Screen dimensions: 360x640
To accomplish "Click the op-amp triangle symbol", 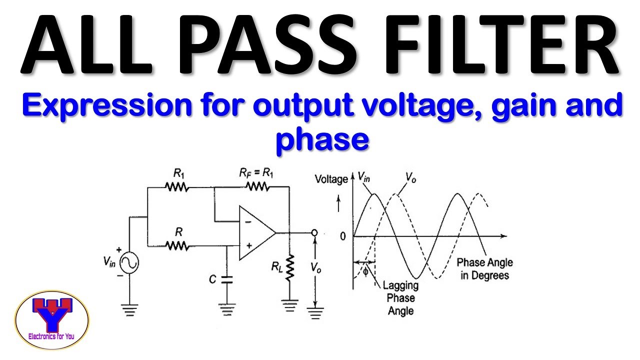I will coord(255,233).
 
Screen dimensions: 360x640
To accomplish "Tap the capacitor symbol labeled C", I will coord(227,279).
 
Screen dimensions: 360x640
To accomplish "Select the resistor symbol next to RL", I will coord(288,267).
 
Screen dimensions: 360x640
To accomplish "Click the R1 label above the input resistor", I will coord(179,173).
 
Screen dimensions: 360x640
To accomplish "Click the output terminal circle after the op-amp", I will coord(314,233).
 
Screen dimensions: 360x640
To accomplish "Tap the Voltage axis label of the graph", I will coord(331,179).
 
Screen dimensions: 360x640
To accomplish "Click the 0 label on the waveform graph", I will coord(342,236).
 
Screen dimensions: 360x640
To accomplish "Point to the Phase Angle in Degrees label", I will coord(484,269).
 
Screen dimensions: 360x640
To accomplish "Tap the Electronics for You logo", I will coord(52,319).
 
